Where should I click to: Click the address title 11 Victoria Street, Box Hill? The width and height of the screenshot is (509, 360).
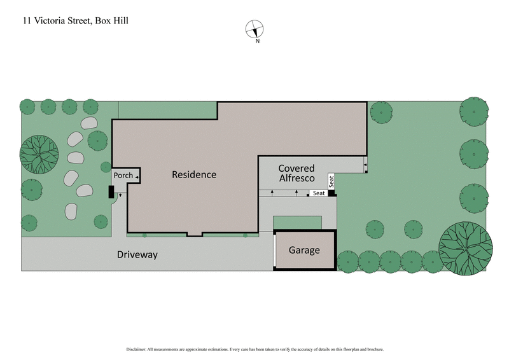(x=75, y=20)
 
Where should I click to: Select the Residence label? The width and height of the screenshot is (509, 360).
(x=194, y=175)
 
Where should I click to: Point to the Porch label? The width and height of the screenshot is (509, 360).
(x=123, y=176)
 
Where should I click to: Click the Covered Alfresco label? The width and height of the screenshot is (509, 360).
(x=297, y=173)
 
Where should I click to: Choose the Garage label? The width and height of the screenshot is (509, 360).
(x=304, y=251)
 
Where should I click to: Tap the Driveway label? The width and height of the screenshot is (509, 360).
(x=137, y=255)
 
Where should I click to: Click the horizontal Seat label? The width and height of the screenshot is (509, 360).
(x=319, y=193)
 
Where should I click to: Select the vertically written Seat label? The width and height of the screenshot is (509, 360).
(x=331, y=181)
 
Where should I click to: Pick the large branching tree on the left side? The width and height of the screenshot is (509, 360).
(x=39, y=154)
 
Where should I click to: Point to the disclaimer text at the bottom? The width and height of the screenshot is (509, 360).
(x=254, y=349)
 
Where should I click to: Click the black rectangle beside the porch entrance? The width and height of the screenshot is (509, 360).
(x=111, y=191)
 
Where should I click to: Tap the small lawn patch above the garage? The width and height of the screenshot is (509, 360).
(x=297, y=223)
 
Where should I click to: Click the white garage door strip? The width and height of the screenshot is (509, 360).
(x=274, y=251)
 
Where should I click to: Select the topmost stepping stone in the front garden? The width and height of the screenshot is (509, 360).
(x=89, y=123)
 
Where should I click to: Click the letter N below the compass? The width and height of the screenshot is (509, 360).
(x=257, y=41)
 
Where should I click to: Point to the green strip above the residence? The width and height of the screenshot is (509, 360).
(x=167, y=109)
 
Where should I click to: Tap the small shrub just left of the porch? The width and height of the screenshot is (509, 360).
(x=106, y=167)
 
